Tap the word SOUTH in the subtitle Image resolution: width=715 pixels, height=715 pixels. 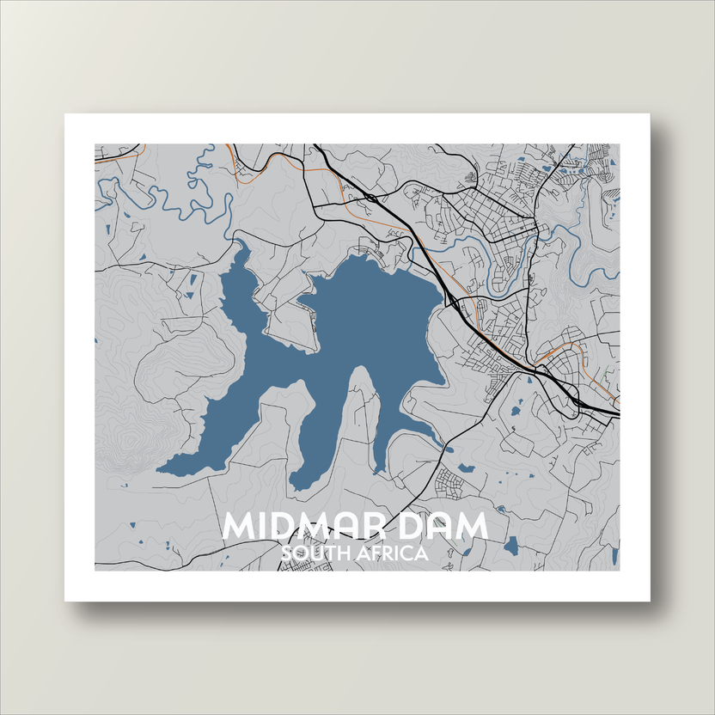click(311, 553)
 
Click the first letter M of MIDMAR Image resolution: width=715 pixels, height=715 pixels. click(239, 526)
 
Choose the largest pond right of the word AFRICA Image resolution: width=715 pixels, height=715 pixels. click(512, 545)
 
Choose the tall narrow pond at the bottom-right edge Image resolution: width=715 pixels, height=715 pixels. click(615, 554)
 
